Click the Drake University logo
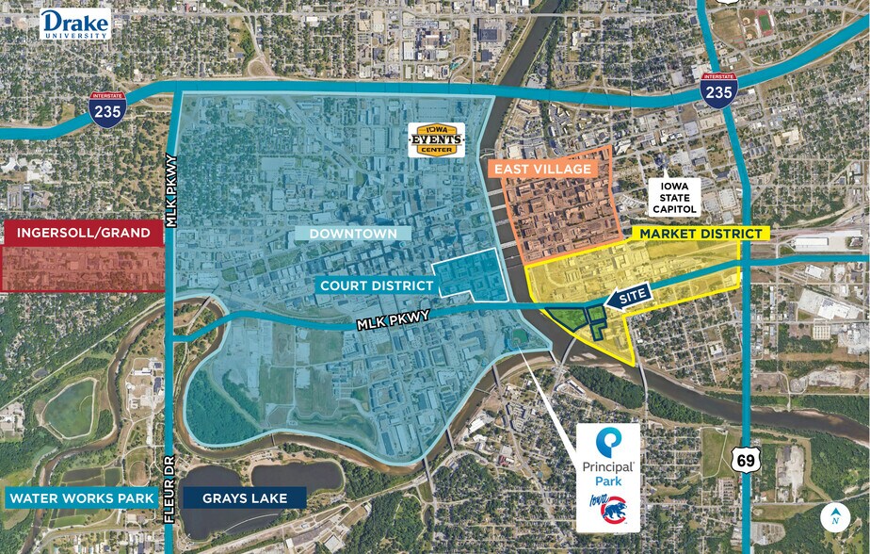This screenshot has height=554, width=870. (x=74, y=24)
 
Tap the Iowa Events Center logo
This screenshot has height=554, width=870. (x=434, y=139)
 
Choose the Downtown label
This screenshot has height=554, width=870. (x=353, y=234)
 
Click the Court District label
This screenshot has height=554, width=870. (x=376, y=285)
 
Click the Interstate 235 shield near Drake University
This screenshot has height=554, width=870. (x=105, y=110)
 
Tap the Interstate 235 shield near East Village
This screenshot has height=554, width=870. (x=718, y=90)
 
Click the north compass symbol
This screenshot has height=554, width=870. (x=834, y=517)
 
